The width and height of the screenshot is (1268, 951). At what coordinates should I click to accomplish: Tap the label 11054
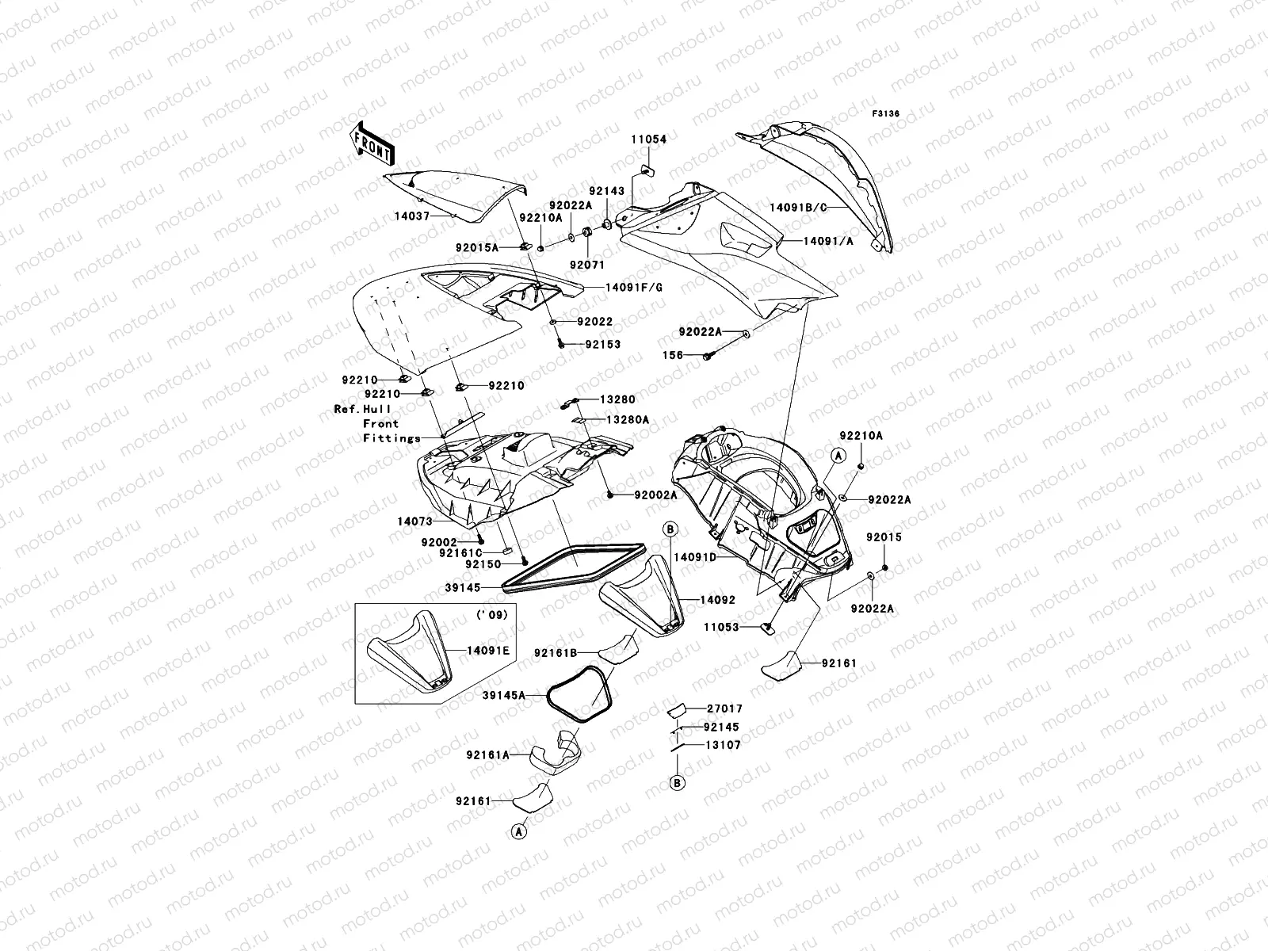coord(648,139)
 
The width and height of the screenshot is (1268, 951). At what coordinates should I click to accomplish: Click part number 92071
coord(586,264)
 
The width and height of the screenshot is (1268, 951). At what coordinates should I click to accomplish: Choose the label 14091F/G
coord(634,288)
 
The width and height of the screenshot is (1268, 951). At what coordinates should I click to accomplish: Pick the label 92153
coord(603,345)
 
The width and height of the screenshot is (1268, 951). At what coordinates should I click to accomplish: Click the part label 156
coord(673,356)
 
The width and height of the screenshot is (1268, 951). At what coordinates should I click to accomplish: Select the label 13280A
coord(627,419)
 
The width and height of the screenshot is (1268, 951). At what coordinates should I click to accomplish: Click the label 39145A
coord(504,695)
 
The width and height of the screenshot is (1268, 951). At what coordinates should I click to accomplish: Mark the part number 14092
coord(717,600)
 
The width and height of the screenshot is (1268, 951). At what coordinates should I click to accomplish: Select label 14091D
coord(695,557)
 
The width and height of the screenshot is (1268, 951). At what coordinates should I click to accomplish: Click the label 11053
coord(720,627)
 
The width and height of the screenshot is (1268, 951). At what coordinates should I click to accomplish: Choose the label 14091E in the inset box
coord(488,651)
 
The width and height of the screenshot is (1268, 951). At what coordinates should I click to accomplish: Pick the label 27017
coord(723,709)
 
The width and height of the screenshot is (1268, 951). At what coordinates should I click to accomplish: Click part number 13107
coord(723,745)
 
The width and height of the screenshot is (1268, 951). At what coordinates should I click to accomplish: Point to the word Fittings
coord(391,438)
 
